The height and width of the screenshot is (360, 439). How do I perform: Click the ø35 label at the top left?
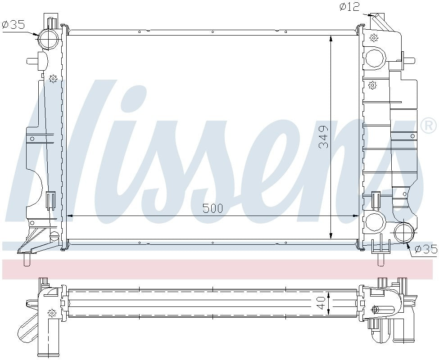[x=14, y=25]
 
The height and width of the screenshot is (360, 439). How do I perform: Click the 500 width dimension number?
[x=213, y=208]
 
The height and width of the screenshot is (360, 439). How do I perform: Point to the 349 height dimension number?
[x=324, y=138]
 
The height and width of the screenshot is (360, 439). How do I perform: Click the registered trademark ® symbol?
[x=428, y=125]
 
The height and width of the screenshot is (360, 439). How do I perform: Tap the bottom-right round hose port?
[x=403, y=232]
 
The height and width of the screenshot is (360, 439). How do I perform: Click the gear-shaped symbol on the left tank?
[x=53, y=79]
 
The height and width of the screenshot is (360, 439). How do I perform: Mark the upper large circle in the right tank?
[x=375, y=58]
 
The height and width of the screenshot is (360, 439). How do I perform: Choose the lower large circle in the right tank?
[x=375, y=221]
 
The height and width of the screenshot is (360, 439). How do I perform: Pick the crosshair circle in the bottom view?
[x=375, y=310]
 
